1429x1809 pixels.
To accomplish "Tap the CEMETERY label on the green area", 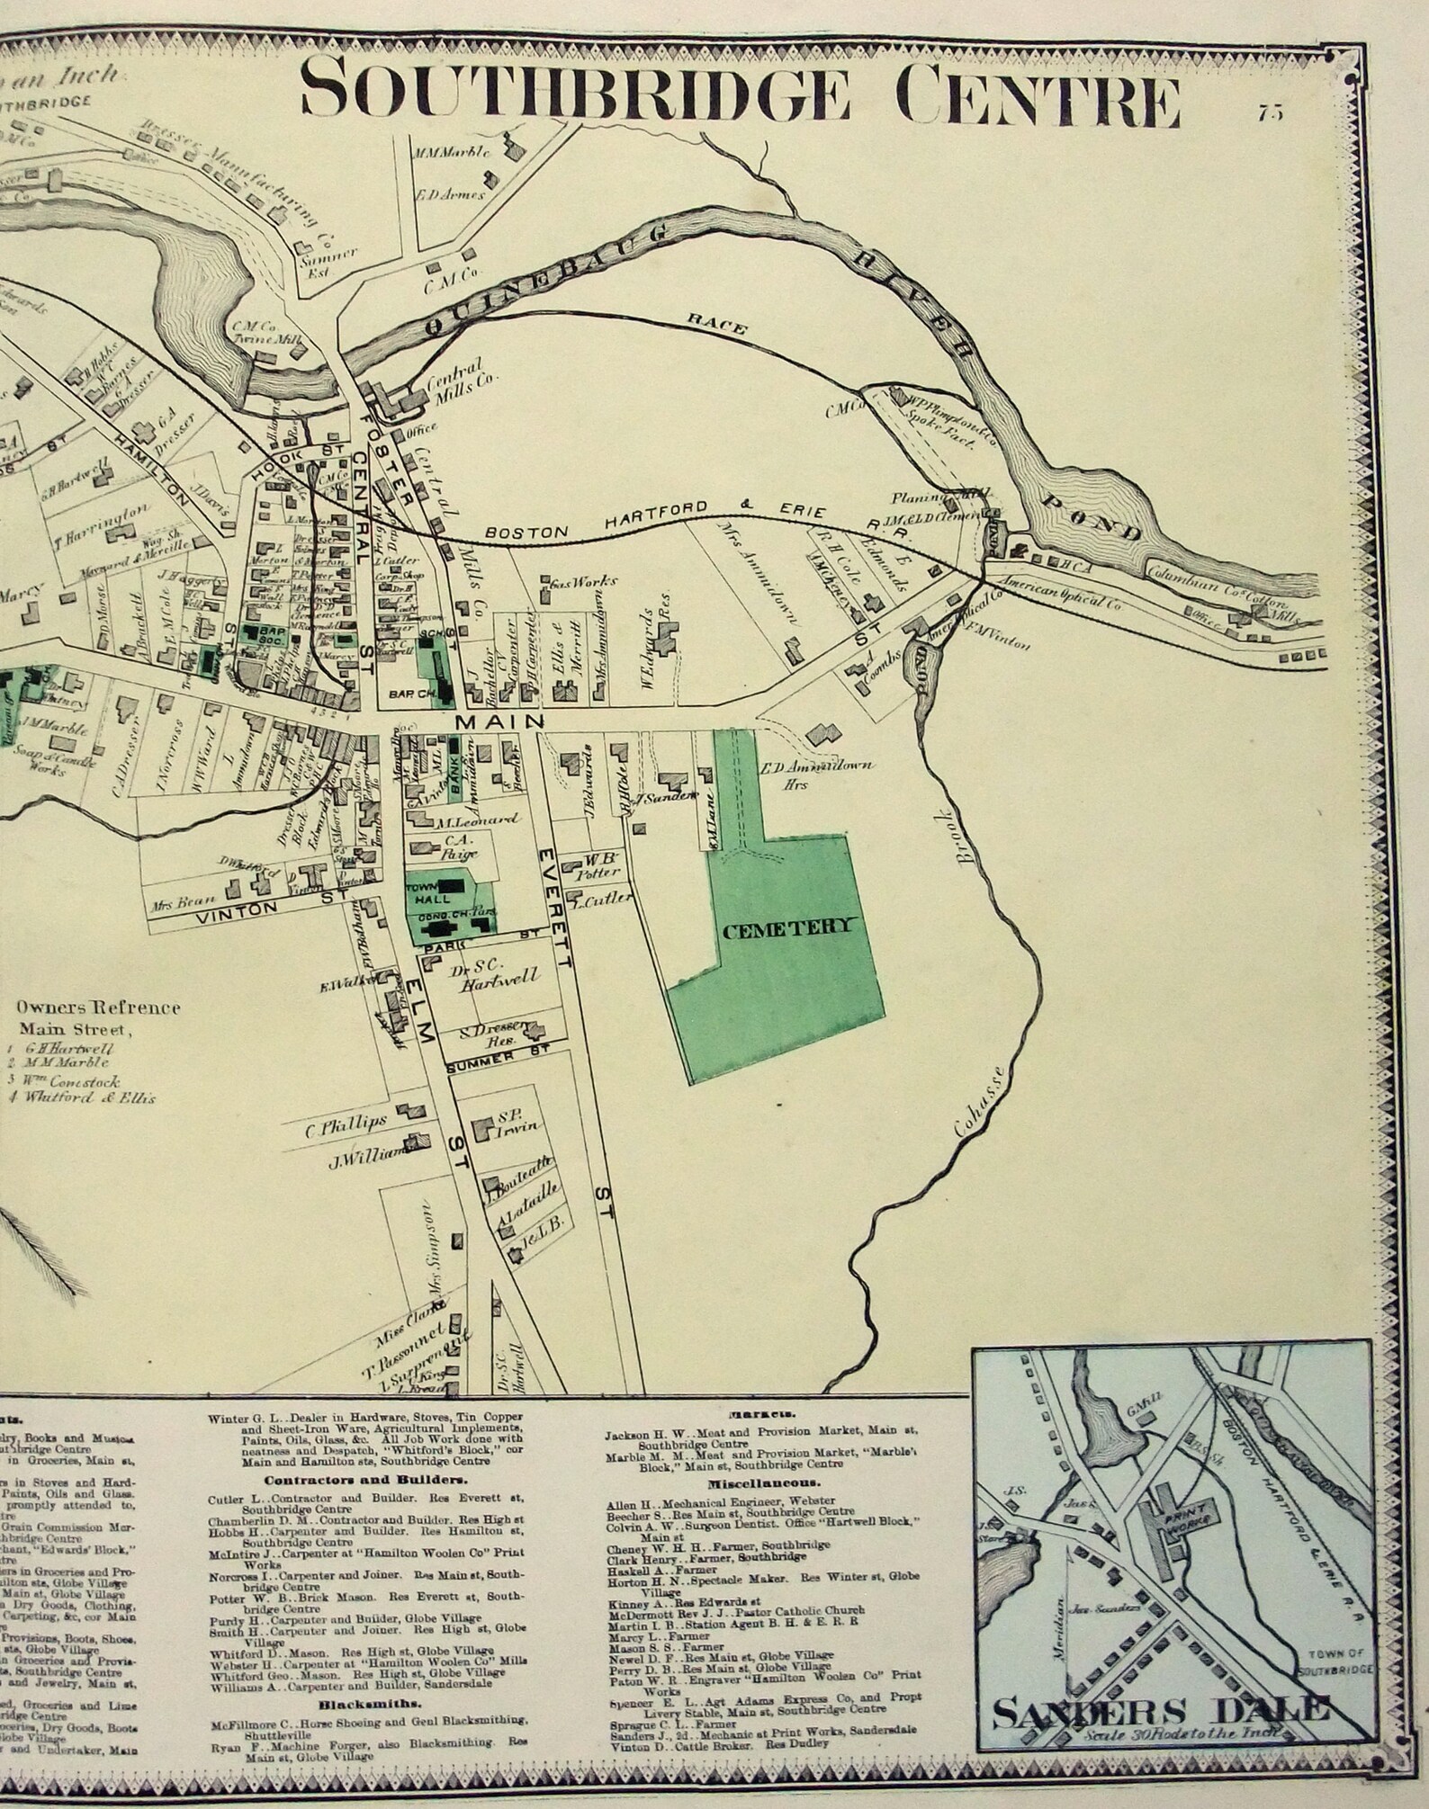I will [x=786, y=927].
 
